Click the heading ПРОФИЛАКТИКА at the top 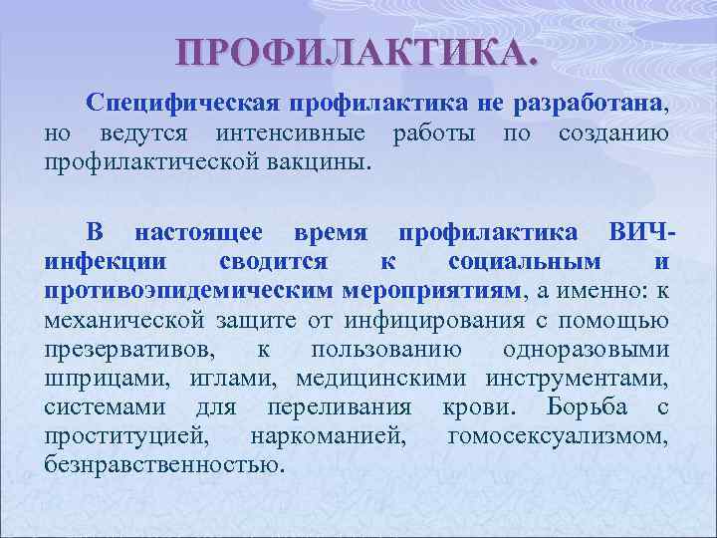tap(356, 52)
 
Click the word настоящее tap(199, 233)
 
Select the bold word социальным tap(525, 262)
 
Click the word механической tap(124, 320)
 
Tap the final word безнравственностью tap(163, 464)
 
